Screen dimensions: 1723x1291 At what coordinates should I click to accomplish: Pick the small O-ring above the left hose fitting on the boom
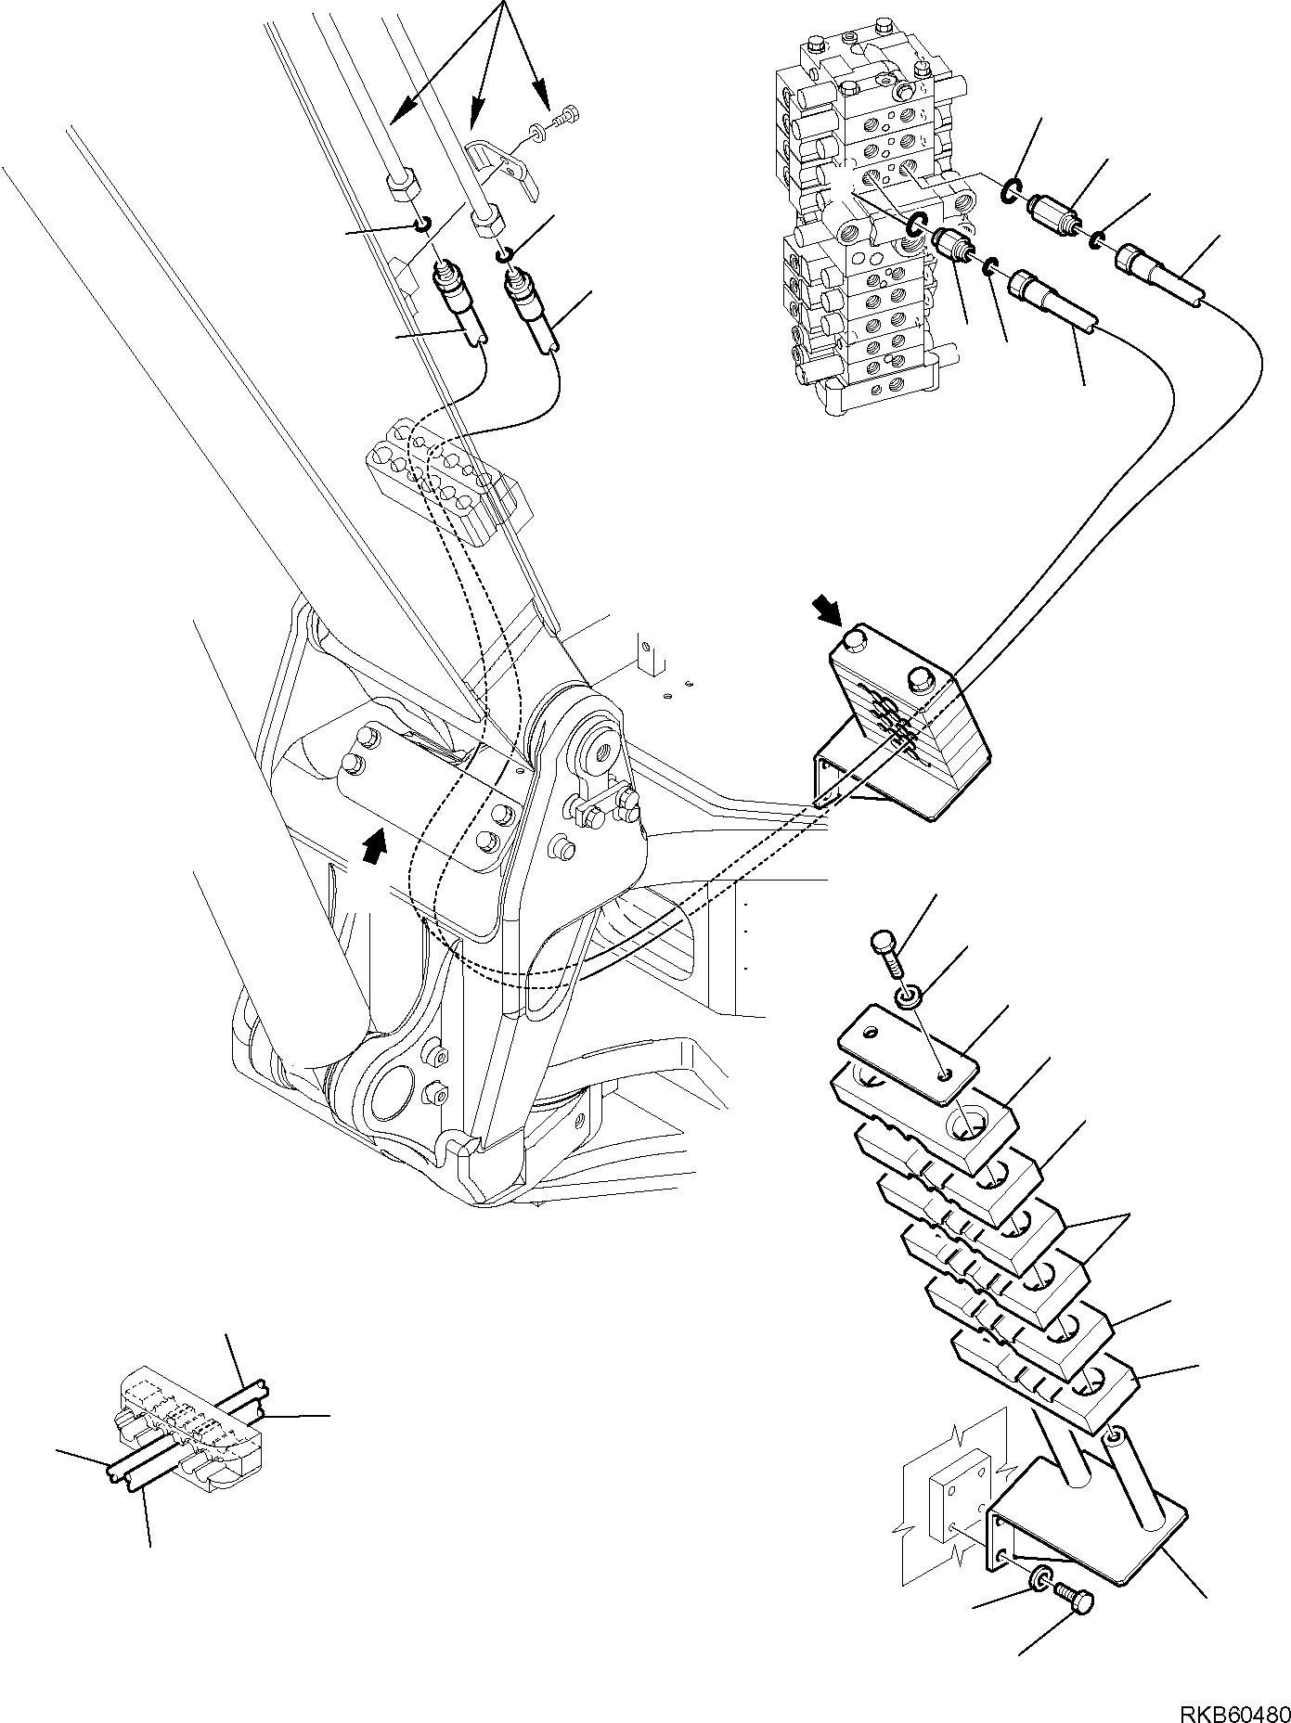[x=422, y=225]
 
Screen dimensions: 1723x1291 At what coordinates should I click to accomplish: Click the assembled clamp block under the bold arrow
[x=905, y=719]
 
